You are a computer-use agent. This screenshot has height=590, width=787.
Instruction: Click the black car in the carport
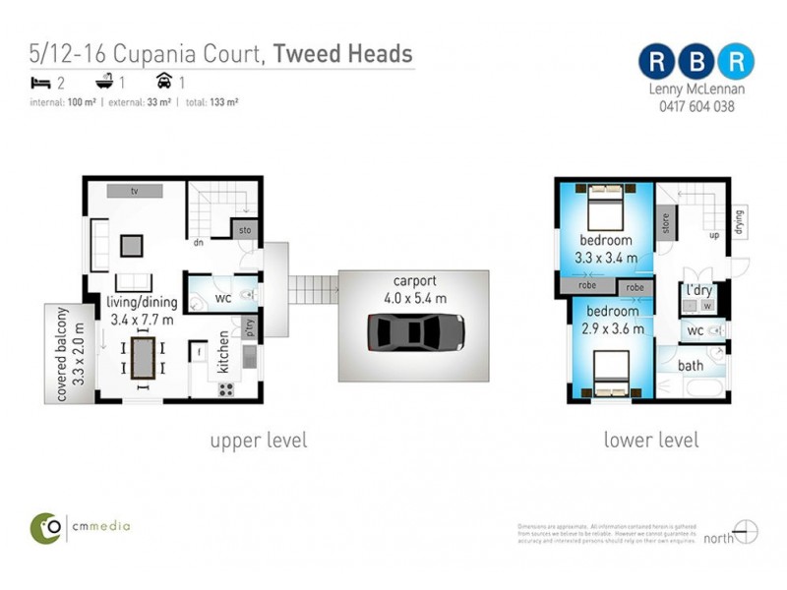pos(414,332)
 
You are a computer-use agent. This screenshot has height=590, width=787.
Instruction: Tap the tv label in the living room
pos(135,191)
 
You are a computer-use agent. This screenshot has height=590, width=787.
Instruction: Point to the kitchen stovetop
pos(225,388)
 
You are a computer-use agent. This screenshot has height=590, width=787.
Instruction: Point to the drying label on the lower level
pos(739,223)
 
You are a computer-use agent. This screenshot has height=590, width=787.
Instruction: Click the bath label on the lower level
pos(692,366)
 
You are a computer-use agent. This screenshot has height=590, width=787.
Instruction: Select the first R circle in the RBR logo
pos(655,61)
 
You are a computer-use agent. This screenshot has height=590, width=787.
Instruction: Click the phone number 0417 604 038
pos(696,107)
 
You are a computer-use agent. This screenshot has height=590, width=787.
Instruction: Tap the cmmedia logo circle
pos(45,526)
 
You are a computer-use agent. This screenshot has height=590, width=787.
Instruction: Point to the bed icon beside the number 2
pos(40,83)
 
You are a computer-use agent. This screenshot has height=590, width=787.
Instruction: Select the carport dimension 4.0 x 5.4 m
pos(413,298)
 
